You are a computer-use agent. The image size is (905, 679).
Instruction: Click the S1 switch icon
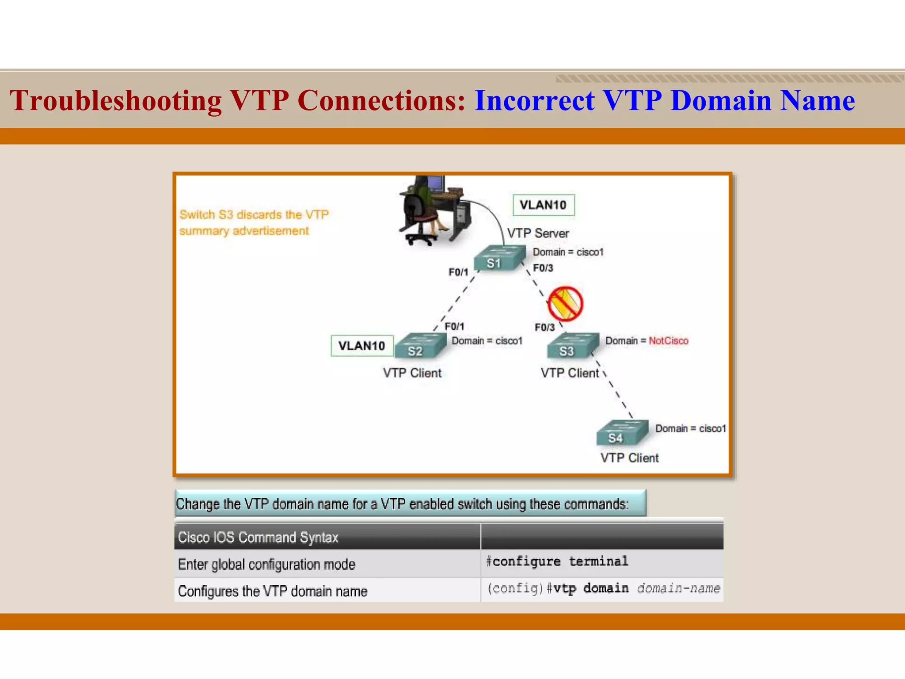tap(499, 258)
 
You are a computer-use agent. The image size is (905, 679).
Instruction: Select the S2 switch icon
tap(420, 346)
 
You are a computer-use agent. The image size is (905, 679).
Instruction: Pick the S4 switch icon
tap(621, 433)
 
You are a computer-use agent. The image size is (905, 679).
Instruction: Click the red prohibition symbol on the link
tap(565, 304)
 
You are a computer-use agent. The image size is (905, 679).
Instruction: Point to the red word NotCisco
tap(668, 341)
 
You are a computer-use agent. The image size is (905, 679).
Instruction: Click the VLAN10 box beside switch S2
tap(362, 346)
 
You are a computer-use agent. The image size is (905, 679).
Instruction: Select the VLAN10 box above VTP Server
tap(543, 205)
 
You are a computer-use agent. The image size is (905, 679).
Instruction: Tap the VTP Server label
tap(538, 233)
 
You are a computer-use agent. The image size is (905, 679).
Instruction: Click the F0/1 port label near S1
tap(458, 272)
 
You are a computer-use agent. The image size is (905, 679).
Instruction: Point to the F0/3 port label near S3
tap(544, 328)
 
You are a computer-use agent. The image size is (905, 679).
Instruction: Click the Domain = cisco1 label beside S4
tap(690, 428)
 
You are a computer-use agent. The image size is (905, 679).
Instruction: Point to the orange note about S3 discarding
tap(254, 222)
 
